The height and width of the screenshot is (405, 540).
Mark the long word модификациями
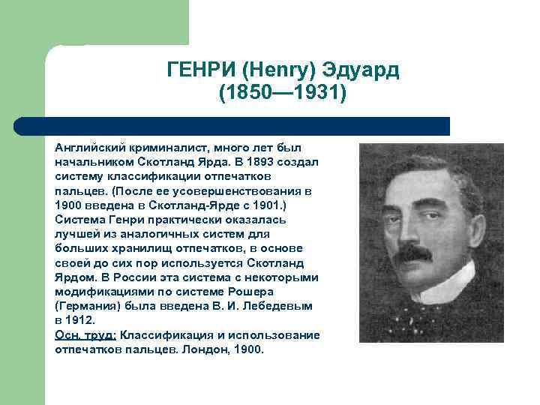click(x=102, y=291)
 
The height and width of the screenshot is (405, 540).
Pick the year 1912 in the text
click(x=82, y=320)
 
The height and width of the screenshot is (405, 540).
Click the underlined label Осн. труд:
click(x=85, y=334)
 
